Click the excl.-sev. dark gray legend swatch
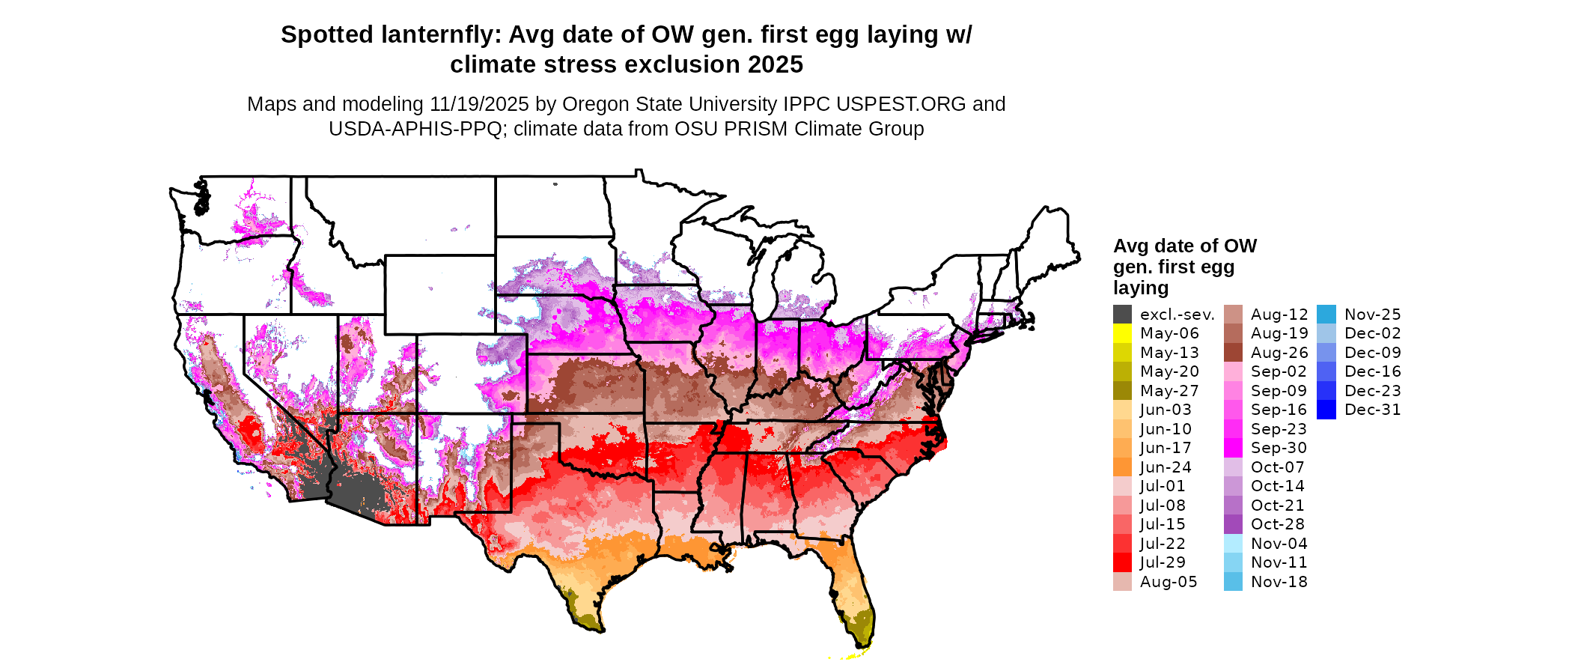pos(1122,315)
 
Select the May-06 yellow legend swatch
pos(1122,333)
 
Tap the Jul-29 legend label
pos(1163,562)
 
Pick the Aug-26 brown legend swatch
pos(1233,353)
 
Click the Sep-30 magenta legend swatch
pos(1233,448)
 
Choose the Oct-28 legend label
pos(1277,524)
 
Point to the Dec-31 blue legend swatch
pos(1326,410)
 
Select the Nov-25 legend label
pos(1372,315)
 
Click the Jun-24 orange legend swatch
pos(1122,467)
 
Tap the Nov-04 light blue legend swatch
pos(1233,544)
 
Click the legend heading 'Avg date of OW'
pos(1184,246)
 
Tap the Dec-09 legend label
pos(1372,353)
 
